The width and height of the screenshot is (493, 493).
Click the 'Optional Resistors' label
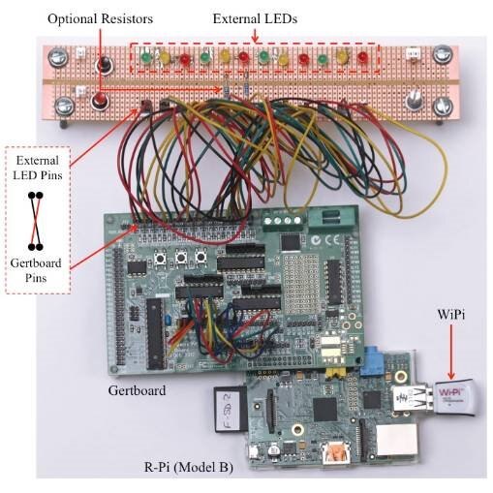tap(100, 18)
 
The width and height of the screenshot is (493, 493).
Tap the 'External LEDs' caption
tap(255, 18)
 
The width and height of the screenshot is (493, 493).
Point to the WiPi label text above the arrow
tap(450, 315)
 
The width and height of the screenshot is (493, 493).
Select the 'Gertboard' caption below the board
tap(137, 390)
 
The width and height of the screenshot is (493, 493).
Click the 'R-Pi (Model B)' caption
tap(189, 467)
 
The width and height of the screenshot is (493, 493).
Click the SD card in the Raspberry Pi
tap(230, 409)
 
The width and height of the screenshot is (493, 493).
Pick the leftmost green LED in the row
tap(146, 58)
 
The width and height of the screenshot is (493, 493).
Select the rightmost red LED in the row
tap(362, 57)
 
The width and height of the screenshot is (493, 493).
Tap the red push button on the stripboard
tap(100, 101)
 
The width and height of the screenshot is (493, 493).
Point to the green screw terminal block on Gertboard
tap(283, 220)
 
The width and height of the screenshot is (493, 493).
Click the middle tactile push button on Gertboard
tap(181, 258)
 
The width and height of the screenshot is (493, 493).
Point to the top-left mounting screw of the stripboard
tap(58, 57)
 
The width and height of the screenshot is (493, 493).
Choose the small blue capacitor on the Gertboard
tap(168, 320)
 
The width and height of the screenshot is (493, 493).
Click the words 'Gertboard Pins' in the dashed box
tap(36, 270)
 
